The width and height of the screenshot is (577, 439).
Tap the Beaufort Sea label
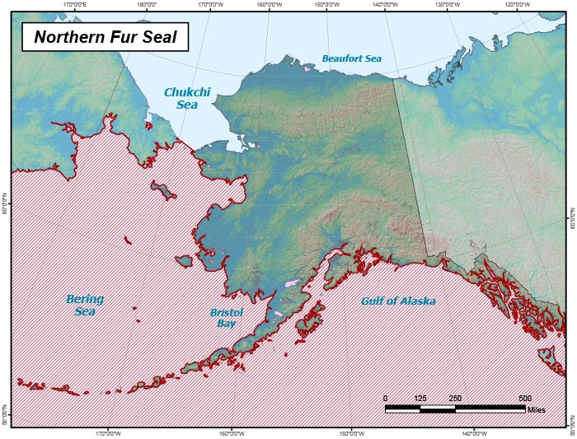[x=352, y=58]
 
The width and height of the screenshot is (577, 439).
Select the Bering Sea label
[x=85, y=305]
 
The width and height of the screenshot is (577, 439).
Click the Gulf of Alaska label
[x=398, y=301]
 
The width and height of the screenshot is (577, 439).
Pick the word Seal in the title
[x=159, y=37]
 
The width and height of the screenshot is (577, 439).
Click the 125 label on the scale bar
[x=420, y=399]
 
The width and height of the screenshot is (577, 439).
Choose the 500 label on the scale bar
[x=525, y=399]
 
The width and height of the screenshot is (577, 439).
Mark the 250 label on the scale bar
[x=455, y=399]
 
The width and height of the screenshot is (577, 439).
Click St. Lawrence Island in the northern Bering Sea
[x=163, y=191]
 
